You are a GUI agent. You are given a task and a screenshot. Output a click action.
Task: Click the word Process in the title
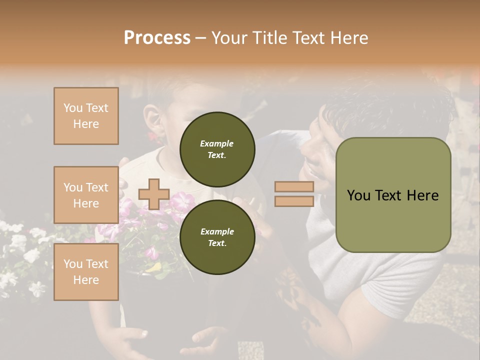pos(157,38)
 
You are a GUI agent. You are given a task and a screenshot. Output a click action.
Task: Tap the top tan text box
pos(86,116)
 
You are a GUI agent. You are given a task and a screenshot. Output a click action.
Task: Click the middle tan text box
pos(86,195)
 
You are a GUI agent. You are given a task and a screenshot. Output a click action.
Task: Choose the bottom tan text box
pos(86,272)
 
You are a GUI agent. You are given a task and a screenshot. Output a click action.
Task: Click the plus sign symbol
pos(153,194)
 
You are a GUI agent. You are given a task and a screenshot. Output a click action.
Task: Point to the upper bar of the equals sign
pos(294,186)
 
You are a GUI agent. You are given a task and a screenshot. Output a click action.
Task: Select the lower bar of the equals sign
pos(294,201)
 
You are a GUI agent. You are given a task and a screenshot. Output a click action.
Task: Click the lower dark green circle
pos(217,237)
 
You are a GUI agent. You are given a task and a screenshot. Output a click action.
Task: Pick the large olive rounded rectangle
pos(393,195)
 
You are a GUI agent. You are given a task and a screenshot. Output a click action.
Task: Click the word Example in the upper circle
pos(216,143)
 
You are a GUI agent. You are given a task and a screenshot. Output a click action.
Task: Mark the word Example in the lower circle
pos(217,231)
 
